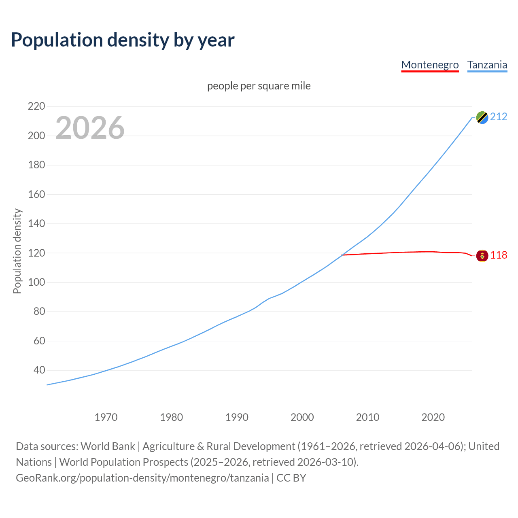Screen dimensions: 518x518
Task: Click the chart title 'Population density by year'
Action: pos(123,40)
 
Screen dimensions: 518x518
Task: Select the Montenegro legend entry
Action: pos(430,65)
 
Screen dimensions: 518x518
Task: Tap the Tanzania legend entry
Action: pos(487,65)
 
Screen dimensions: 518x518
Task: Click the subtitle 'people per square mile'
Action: pos(259,86)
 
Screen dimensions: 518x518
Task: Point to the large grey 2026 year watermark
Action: pos(90,128)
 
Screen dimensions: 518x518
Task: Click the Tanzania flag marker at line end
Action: pos(482,117)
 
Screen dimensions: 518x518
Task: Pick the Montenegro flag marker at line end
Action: pos(482,256)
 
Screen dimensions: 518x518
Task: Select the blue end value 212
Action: pos(499,117)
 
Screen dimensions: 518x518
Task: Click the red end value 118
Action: pos(499,255)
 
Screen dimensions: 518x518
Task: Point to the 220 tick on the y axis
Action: pos(36,106)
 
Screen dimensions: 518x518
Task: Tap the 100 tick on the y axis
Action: pos(36,282)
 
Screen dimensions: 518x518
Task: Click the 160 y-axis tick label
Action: pos(36,194)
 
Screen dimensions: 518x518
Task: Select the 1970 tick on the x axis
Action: pos(106,417)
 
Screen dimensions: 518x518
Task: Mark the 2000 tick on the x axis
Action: pos(302,417)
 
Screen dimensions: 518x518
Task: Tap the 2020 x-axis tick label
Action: pos(433,417)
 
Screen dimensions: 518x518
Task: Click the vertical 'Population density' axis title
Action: pos(17,251)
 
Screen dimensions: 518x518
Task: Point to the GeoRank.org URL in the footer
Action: pos(142,478)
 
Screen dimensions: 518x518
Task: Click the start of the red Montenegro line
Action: pos(343,255)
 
